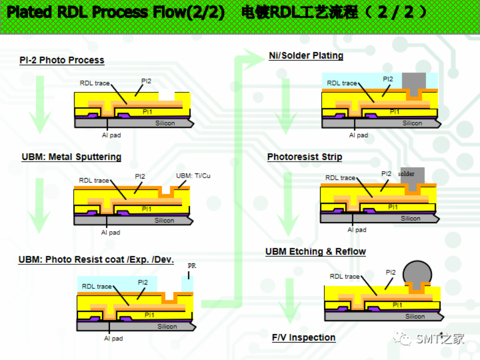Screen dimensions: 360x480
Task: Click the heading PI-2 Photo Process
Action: (62, 60)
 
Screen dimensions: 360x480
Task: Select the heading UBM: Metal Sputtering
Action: (71, 157)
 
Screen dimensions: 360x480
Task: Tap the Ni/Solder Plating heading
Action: (306, 55)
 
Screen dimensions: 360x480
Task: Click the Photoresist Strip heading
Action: (305, 157)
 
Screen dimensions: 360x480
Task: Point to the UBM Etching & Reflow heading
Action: (315, 252)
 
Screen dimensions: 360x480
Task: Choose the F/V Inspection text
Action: (304, 337)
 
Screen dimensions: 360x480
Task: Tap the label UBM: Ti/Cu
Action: (193, 176)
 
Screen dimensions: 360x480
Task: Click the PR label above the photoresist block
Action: (192, 266)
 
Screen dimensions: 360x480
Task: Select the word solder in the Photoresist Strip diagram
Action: (406, 174)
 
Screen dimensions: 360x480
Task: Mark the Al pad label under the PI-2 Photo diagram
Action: (111, 135)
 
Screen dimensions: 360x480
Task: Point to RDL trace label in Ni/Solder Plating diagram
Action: (342, 83)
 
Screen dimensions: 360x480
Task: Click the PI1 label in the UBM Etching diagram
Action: (397, 305)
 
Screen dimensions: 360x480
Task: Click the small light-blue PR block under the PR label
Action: (187, 283)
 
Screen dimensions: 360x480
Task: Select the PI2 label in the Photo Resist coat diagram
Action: (143, 282)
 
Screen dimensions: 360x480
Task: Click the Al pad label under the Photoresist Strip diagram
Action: (357, 230)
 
